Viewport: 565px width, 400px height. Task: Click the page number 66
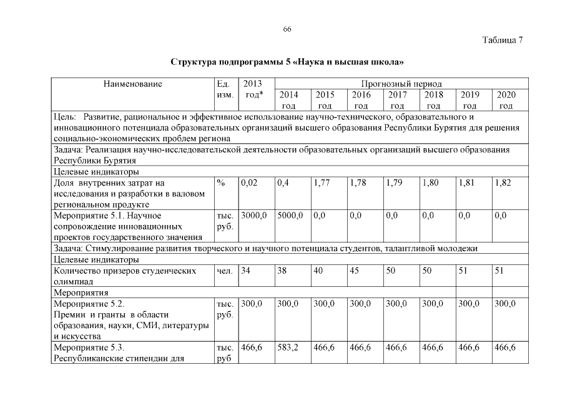coord(287,29)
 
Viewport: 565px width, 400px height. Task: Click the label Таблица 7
coord(503,40)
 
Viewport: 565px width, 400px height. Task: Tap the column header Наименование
coord(133,84)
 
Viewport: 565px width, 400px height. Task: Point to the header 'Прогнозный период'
coord(401,84)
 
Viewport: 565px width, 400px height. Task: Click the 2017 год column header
coord(398,101)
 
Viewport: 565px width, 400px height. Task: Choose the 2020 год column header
coord(506,101)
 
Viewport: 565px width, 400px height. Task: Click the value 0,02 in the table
coord(249,182)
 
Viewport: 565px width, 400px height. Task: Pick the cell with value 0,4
coord(283,182)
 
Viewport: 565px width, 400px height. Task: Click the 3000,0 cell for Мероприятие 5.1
coord(254,216)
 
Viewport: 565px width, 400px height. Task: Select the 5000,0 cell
coord(290,216)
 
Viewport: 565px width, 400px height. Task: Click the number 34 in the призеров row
coord(246,271)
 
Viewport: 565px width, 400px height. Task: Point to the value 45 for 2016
coord(355,271)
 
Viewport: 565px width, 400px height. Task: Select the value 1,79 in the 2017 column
coord(393,182)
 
